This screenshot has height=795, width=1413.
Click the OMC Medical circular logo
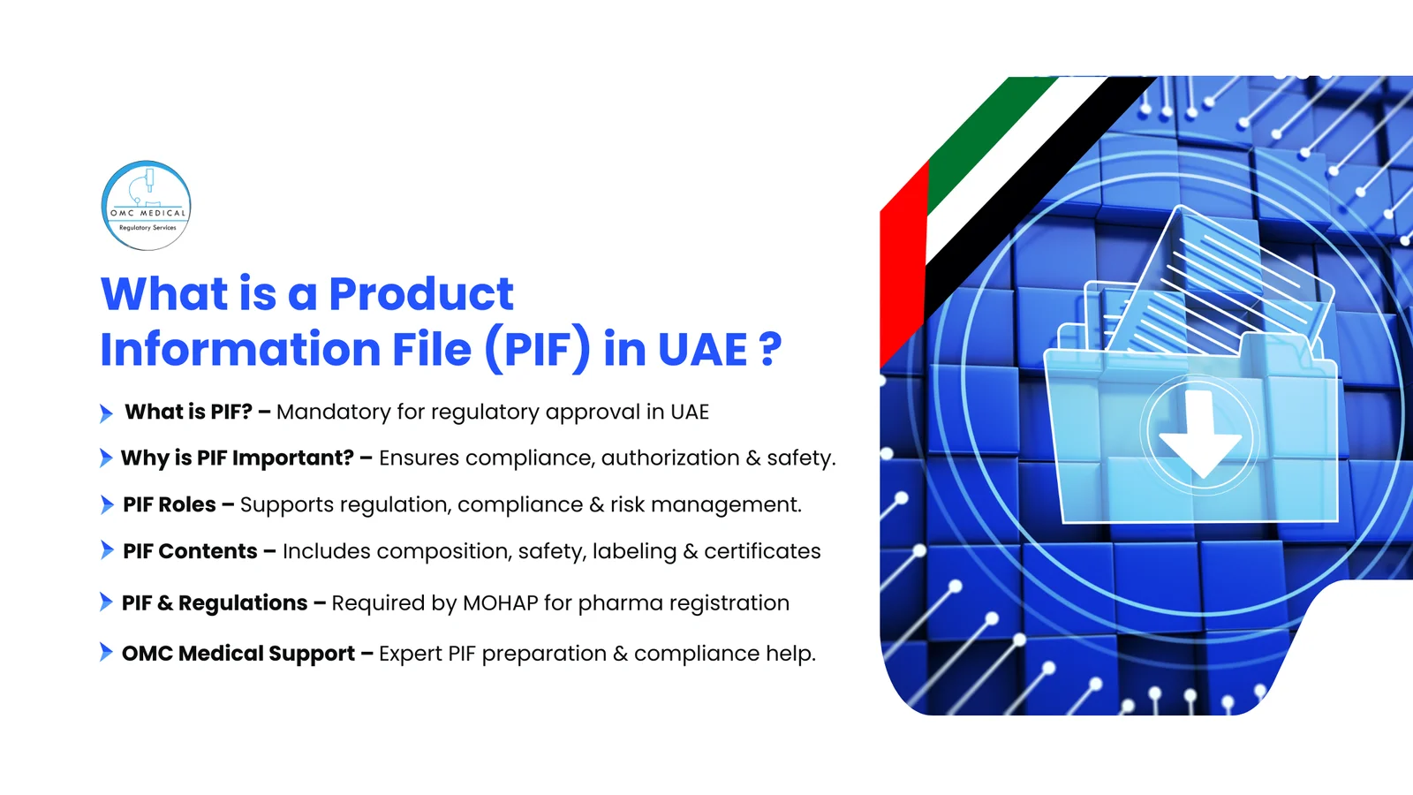tap(147, 206)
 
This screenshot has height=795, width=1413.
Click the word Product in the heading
tap(421, 294)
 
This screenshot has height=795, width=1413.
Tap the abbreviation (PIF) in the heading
tap(537, 349)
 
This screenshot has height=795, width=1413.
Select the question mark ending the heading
tap(770, 349)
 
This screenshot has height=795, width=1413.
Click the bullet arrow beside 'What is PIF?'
tap(106, 413)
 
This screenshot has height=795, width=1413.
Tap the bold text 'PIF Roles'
tap(170, 504)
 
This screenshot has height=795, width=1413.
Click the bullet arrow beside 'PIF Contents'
tap(107, 551)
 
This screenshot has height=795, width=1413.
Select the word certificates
tap(762, 551)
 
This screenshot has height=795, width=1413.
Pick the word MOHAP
tap(500, 603)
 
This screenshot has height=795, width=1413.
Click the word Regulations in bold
tap(243, 603)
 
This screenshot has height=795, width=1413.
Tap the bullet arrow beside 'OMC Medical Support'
tap(106, 653)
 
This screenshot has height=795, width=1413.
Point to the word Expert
tap(410, 654)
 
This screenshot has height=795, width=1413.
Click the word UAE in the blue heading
tap(703, 349)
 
